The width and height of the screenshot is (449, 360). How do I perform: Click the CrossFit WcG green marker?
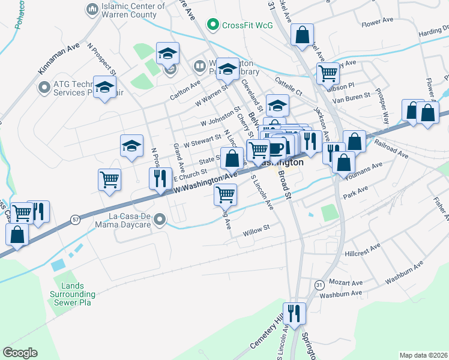pos(212,25)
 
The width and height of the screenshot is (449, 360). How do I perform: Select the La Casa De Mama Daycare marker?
pos(159,220)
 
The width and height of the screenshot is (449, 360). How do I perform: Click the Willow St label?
pos(257,229)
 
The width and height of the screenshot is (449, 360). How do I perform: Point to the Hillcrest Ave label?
pos(363,250)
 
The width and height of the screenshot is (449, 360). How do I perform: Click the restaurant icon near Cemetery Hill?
pos(294,313)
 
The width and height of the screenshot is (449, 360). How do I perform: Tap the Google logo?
pos(20,353)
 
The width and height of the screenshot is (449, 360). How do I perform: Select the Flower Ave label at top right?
pos(377,22)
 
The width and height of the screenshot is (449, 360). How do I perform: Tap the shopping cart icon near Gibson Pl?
pos(328,73)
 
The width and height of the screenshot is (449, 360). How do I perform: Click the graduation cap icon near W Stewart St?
pos(132,145)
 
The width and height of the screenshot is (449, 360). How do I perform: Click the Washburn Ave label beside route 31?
pos(340,294)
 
